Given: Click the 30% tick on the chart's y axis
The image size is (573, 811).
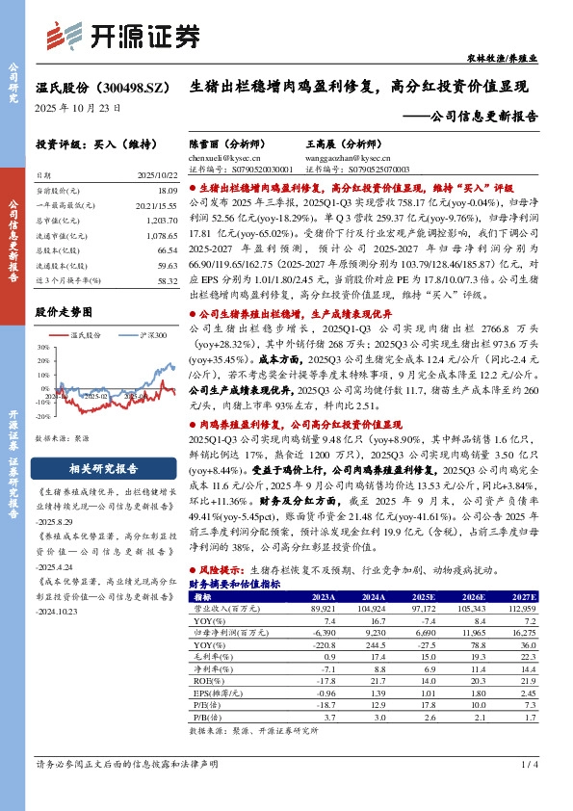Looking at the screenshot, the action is click(x=43, y=350).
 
